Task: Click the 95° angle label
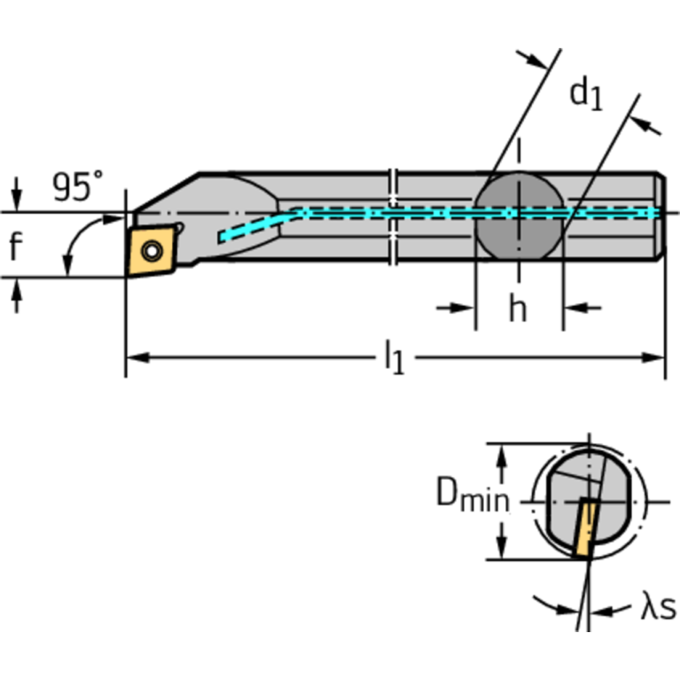point(77,186)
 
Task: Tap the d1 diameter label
point(585,93)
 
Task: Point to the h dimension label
point(518,309)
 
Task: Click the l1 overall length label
point(394,358)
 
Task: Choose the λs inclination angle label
point(657,608)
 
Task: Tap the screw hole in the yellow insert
point(153,251)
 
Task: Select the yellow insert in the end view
point(585,528)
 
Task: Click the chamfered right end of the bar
point(661,216)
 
